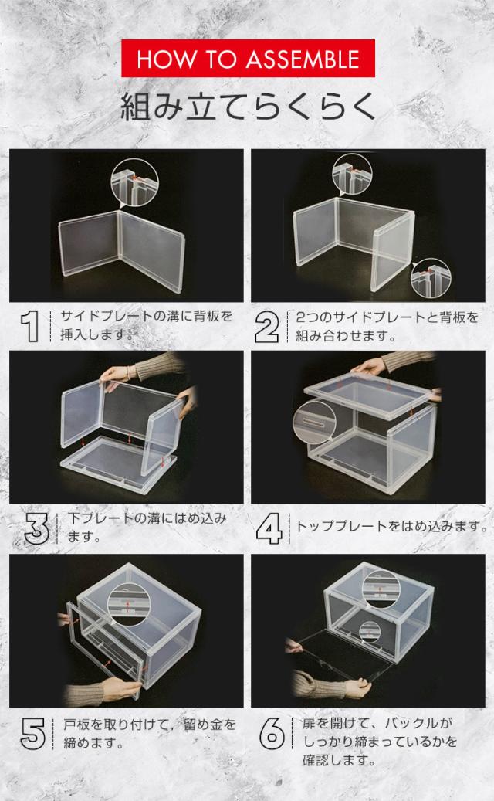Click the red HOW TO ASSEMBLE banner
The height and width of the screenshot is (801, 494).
(x=247, y=59)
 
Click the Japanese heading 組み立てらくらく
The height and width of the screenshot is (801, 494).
(x=247, y=106)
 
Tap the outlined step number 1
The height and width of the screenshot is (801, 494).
(x=31, y=327)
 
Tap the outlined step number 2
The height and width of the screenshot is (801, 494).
(x=267, y=327)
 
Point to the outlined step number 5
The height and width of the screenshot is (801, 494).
(x=32, y=733)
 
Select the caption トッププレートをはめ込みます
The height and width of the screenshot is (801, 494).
(x=392, y=527)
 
